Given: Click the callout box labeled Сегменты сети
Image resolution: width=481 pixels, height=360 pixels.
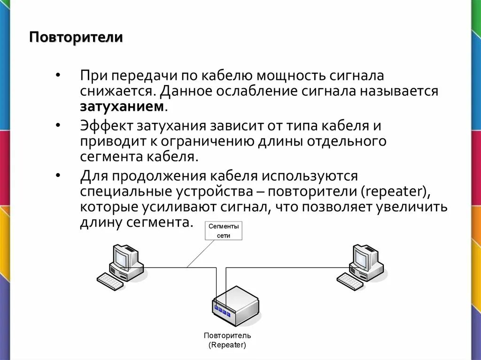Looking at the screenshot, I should click(224, 231).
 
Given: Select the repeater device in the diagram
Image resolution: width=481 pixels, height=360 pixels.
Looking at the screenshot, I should click(236, 305).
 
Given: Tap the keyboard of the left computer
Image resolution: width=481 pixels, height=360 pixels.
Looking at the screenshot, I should click(110, 282).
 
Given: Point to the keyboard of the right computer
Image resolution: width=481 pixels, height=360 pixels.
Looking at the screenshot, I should click(350, 282).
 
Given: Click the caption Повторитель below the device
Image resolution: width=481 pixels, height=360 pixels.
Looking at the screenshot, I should click(227, 336).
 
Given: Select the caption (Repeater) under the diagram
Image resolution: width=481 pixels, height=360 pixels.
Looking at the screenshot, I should click(227, 345).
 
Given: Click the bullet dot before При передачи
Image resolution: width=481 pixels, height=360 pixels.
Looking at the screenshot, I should click(57, 76).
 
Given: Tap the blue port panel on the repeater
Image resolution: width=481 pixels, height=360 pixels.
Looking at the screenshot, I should click(222, 309).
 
